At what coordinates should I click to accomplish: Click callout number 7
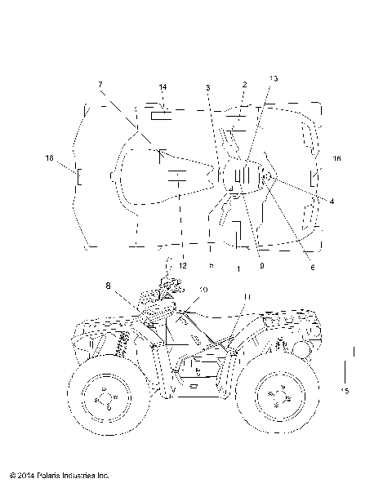(100, 84)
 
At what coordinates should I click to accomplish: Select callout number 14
(163, 86)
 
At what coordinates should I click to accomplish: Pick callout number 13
(273, 79)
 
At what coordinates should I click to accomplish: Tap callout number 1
(238, 268)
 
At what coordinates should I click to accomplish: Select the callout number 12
(183, 265)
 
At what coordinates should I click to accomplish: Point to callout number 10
(203, 290)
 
